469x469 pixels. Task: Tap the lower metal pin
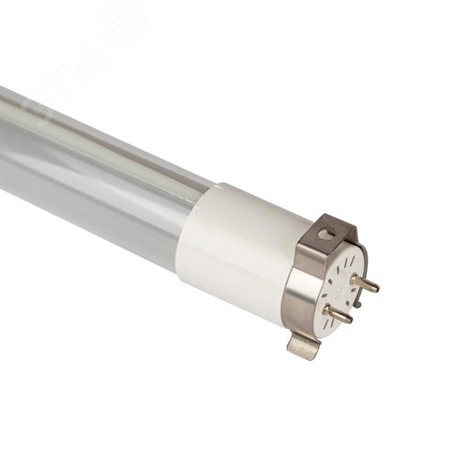click(339, 314)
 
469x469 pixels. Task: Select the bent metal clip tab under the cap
click(302, 346)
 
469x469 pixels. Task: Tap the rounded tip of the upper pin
click(376, 287)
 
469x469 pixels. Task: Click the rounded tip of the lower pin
click(350, 319)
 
